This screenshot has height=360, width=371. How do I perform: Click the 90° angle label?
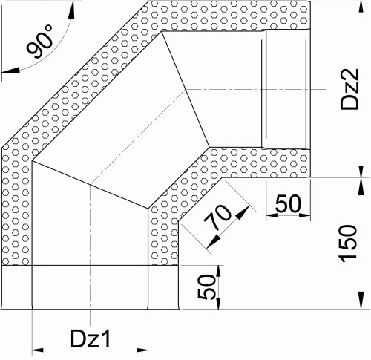(x=39, y=42)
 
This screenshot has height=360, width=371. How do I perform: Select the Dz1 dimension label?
(x=91, y=338)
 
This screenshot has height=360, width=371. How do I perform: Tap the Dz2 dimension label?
(x=349, y=89)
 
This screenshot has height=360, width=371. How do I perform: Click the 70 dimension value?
(x=217, y=217)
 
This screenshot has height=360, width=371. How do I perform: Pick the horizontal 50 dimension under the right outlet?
(x=289, y=203)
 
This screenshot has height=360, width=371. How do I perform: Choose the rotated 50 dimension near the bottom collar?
(x=206, y=287)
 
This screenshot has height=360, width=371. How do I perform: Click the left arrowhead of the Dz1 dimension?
(x=38, y=350)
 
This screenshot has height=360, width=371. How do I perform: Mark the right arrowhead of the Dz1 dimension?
(x=142, y=350)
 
